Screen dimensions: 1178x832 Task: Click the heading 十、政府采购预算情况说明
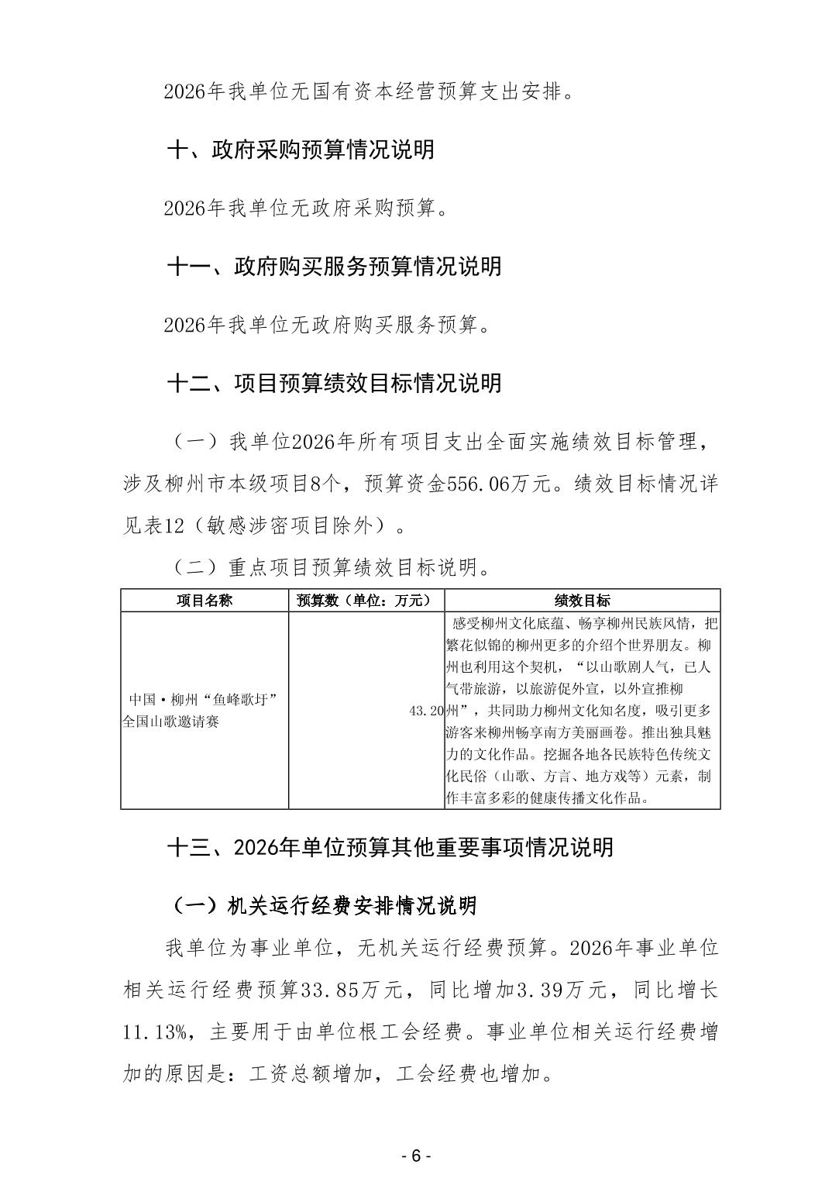301,150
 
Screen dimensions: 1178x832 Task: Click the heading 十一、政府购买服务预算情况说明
334,267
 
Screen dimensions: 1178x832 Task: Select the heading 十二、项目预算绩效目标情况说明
334,383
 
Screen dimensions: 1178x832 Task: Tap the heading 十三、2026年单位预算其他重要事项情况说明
390,847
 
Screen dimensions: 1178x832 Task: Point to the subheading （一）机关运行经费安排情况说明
322,905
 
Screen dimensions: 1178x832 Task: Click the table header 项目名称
205,601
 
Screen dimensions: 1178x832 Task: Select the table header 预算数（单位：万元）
366,601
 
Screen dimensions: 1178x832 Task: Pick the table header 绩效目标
582,601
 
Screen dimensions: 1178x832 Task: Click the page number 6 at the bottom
415,1156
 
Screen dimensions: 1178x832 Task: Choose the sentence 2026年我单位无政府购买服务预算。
328,325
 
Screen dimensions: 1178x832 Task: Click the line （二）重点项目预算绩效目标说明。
331,568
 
